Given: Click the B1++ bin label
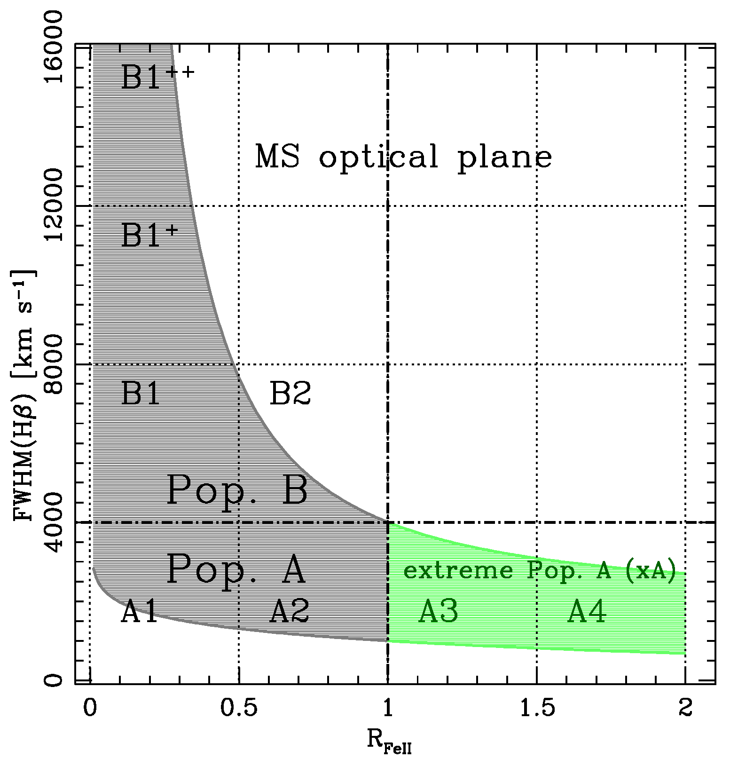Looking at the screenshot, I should pyautogui.click(x=157, y=77).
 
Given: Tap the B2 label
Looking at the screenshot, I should pyautogui.click(x=290, y=394).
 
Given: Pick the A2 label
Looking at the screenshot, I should pyautogui.click(x=289, y=612).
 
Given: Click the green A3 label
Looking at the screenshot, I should pyautogui.click(x=438, y=612).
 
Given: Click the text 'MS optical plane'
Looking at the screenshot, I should pyautogui.click(x=403, y=157).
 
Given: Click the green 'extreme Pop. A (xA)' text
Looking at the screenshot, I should pyautogui.click(x=540, y=570).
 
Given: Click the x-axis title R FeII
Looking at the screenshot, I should pyautogui.click(x=388, y=742).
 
